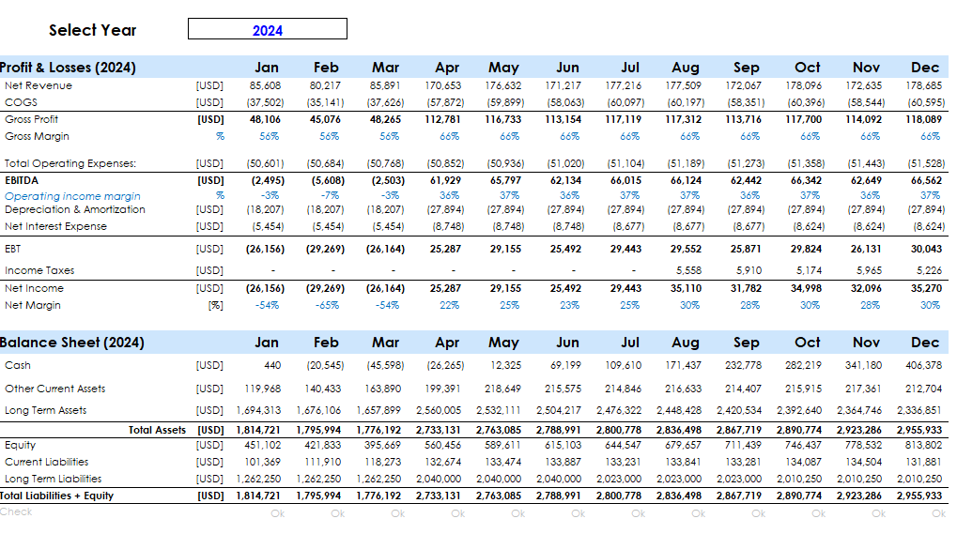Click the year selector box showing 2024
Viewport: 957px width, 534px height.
pyautogui.click(x=268, y=30)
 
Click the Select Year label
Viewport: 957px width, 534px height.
pyautogui.click(x=92, y=30)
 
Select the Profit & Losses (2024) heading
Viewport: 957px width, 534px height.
pyautogui.click(x=69, y=68)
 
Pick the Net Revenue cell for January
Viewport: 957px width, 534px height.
pyautogui.click(x=266, y=85)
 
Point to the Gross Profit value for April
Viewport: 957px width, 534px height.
pyautogui.click(x=446, y=119)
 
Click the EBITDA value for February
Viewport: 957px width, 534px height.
pyautogui.click(x=326, y=180)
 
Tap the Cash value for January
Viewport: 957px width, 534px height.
pyautogui.click(x=272, y=365)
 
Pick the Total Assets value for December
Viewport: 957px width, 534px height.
pyautogui.click(x=920, y=430)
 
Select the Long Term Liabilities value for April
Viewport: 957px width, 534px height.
pyautogui.click(x=442, y=479)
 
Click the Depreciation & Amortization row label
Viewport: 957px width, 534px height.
pyautogui.click(x=75, y=210)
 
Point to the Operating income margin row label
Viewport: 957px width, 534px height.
pyautogui.click(x=72, y=196)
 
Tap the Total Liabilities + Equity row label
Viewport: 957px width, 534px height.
pyautogui.click(x=57, y=496)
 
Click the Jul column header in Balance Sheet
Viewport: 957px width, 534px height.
pyautogui.click(x=630, y=343)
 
